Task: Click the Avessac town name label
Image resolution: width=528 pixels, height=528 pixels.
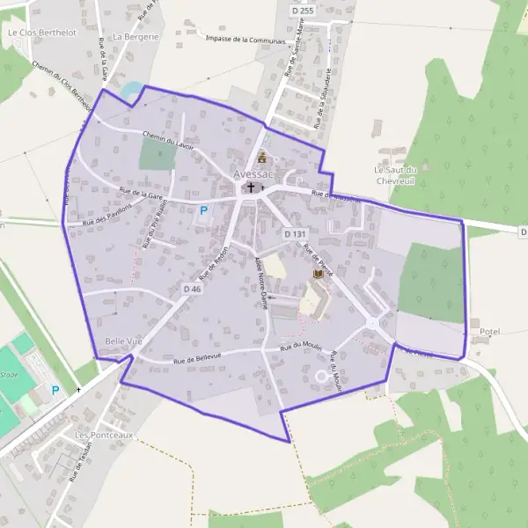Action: coord(254,174)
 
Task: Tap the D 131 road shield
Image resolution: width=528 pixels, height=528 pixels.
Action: coord(295,234)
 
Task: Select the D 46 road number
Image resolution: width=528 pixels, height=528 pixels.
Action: coord(193,289)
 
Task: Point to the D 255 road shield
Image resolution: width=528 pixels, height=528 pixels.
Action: coord(302,11)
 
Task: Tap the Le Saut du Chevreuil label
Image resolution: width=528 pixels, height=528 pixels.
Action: coord(400,175)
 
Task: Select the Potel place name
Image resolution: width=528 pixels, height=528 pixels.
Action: coord(489,332)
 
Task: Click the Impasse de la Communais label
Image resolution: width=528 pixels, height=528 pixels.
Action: coord(246,40)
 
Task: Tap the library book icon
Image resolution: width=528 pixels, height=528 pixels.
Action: coord(318,276)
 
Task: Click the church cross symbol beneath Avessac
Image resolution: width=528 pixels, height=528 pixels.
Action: coord(252,187)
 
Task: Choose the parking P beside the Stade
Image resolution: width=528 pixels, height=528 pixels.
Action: coord(55,390)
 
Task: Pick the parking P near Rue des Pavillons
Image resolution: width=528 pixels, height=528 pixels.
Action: coord(204,210)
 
